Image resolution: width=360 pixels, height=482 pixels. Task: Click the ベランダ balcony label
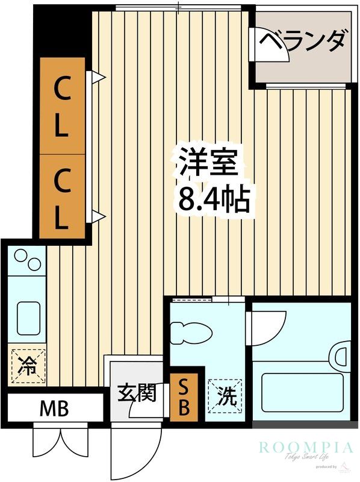click(305, 42)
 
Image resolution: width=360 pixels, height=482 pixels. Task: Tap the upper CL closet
click(62, 106)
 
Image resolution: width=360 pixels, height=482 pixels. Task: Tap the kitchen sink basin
click(28, 316)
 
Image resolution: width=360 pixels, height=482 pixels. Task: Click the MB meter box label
click(54, 409)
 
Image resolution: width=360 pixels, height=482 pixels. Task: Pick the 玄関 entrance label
click(136, 393)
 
